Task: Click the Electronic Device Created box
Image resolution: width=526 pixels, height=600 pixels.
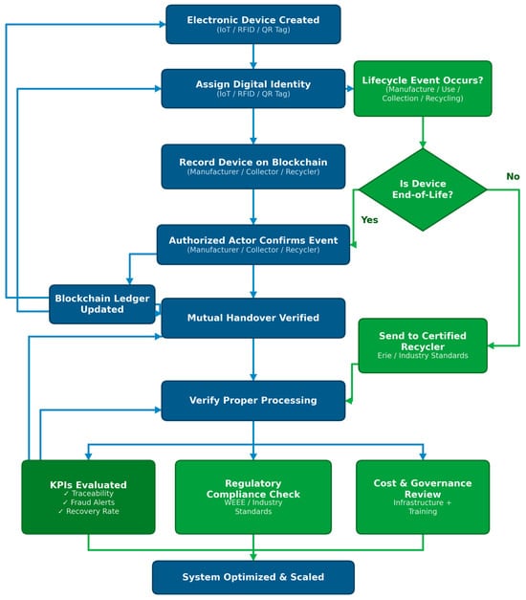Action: click(x=252, y=24)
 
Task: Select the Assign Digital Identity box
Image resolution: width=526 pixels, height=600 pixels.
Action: click(x=252, y=88)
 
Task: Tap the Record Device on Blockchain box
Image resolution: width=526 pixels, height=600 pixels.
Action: click(x=252, y=167)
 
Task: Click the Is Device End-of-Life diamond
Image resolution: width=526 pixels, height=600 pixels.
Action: click(x=423, y=189)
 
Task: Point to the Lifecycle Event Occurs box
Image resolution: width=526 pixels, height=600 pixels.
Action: click(x=423, y=88)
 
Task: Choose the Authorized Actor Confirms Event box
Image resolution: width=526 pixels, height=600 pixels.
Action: click(x=252, y=245)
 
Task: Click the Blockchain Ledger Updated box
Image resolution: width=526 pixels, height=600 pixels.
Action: click(x=102, y=303)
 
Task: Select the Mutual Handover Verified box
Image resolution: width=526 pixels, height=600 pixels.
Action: click(x=252, y=318)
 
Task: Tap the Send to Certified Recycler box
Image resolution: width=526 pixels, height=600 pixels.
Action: click(x=423, y=345)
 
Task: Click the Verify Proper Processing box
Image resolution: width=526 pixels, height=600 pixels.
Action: click(x=252, y=400)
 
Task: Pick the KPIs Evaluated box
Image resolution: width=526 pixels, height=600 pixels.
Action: click(x=88, y=497)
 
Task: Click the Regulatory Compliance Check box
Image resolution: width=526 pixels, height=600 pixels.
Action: click(x=252, y=497)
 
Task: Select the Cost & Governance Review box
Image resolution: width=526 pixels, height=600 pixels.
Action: click(x=423, y=497)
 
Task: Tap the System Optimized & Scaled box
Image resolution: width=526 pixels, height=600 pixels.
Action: click(x=252, y=577)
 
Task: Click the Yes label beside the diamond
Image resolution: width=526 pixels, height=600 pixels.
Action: click(x=369, y=220)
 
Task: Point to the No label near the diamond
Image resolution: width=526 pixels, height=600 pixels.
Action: click(x=513, y=176)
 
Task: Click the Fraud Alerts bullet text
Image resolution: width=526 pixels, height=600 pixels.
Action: click(x=89, y=502)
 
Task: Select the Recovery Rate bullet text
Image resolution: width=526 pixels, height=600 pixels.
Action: click(x=89, y=511)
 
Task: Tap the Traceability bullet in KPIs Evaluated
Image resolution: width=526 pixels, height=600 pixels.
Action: click(x=89, y=494)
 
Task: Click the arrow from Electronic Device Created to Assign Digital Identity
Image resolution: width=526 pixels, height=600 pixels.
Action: click(x=252, y=56)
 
